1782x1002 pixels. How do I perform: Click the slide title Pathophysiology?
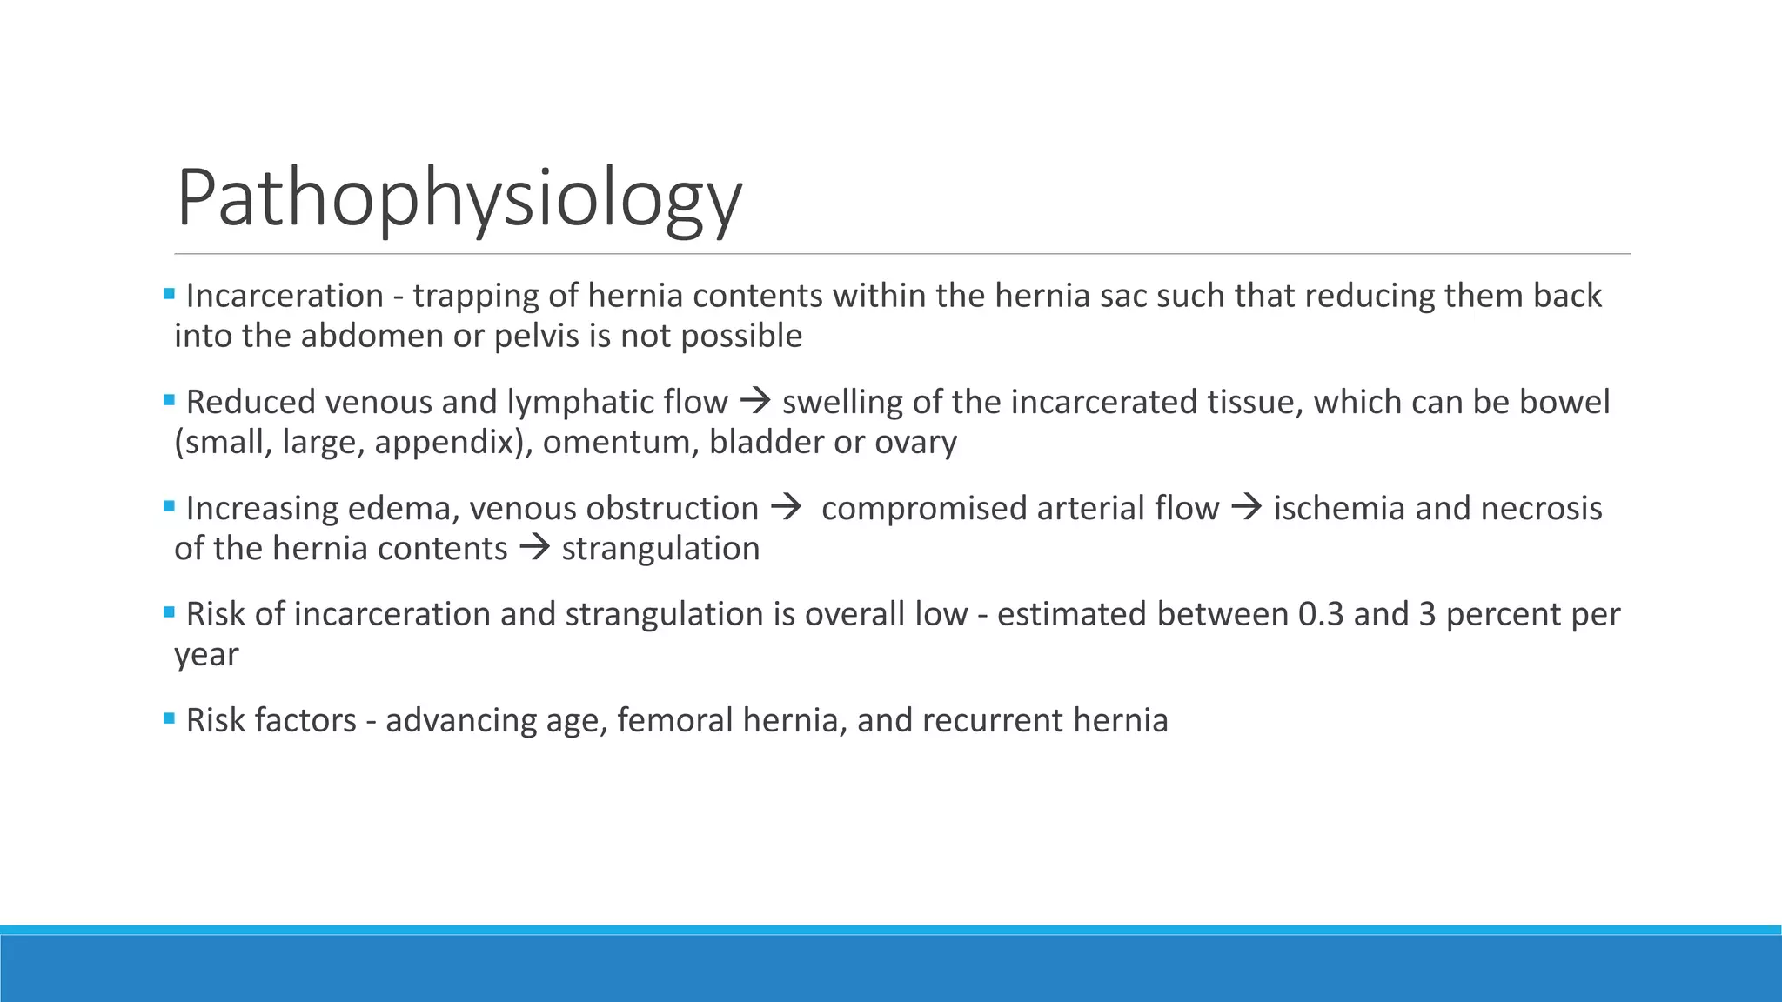pyautogui.click(x=459, y=199)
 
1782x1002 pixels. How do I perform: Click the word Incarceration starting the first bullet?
pyautogui.click(x=285, y=297)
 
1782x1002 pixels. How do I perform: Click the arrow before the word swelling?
pyautogui.click(x=754, y=402)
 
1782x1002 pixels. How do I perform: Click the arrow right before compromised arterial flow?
pyautogui.click(x=785, y=508)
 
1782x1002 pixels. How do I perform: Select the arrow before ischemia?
pyautogui.click(x=1246, y=508)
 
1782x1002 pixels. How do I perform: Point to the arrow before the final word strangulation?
pyautogui.click(x=534, y=548)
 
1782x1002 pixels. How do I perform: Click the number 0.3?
pyautogui.click(x=1320, y=615)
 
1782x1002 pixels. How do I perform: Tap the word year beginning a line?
pyautogui.click(x=206, y=655)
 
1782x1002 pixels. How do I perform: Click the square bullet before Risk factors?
pyautogui.click(x=169, y=718)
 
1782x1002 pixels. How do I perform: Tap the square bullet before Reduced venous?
pyautogui.click(x=169, y=400)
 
